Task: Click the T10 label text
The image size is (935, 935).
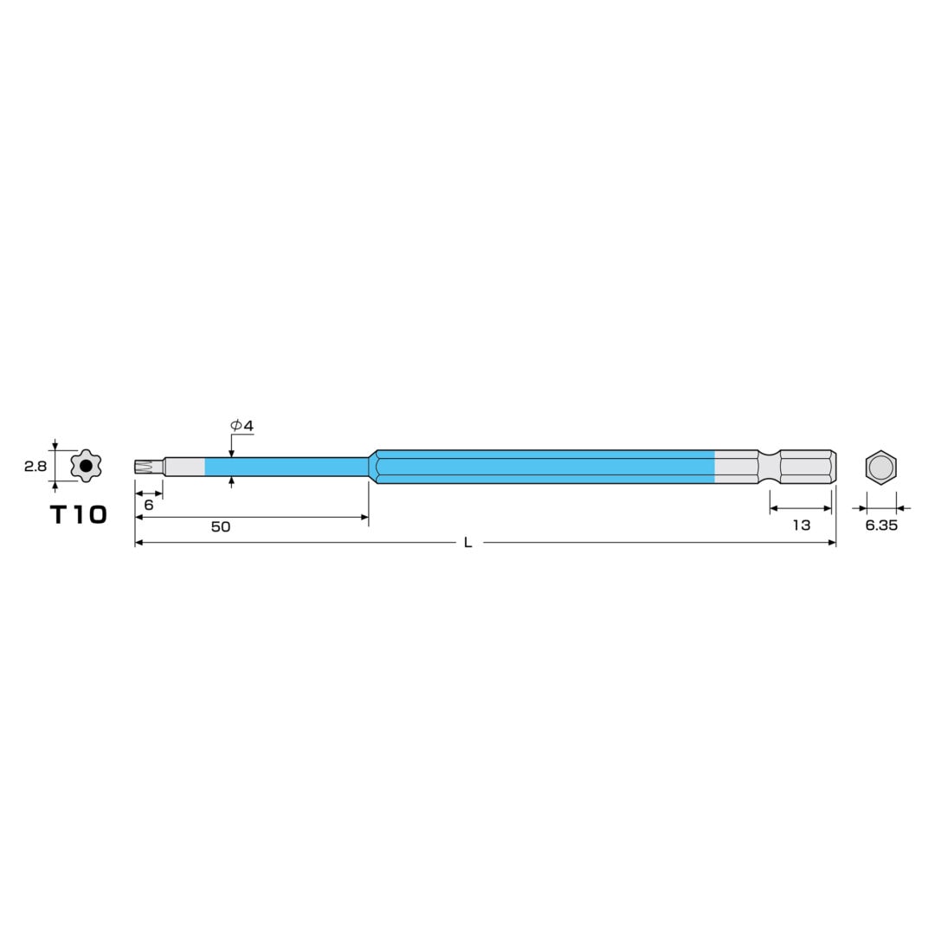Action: click(x=79, y=514)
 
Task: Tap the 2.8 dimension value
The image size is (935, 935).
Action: click(x=35, y=467)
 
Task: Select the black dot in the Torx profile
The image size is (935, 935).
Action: click(x=86, y=466)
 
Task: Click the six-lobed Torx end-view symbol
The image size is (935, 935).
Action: click(x=86, y=466)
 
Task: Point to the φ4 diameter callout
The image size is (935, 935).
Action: click(x=242, y=426)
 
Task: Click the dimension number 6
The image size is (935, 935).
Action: click(x=149, y=505)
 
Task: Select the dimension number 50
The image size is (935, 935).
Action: click(x=221, y=526)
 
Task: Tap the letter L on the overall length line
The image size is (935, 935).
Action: click(x=468, y=542)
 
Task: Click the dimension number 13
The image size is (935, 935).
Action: click(x=802, y=525)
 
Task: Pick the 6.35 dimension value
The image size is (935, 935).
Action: click(x=881, y=526)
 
